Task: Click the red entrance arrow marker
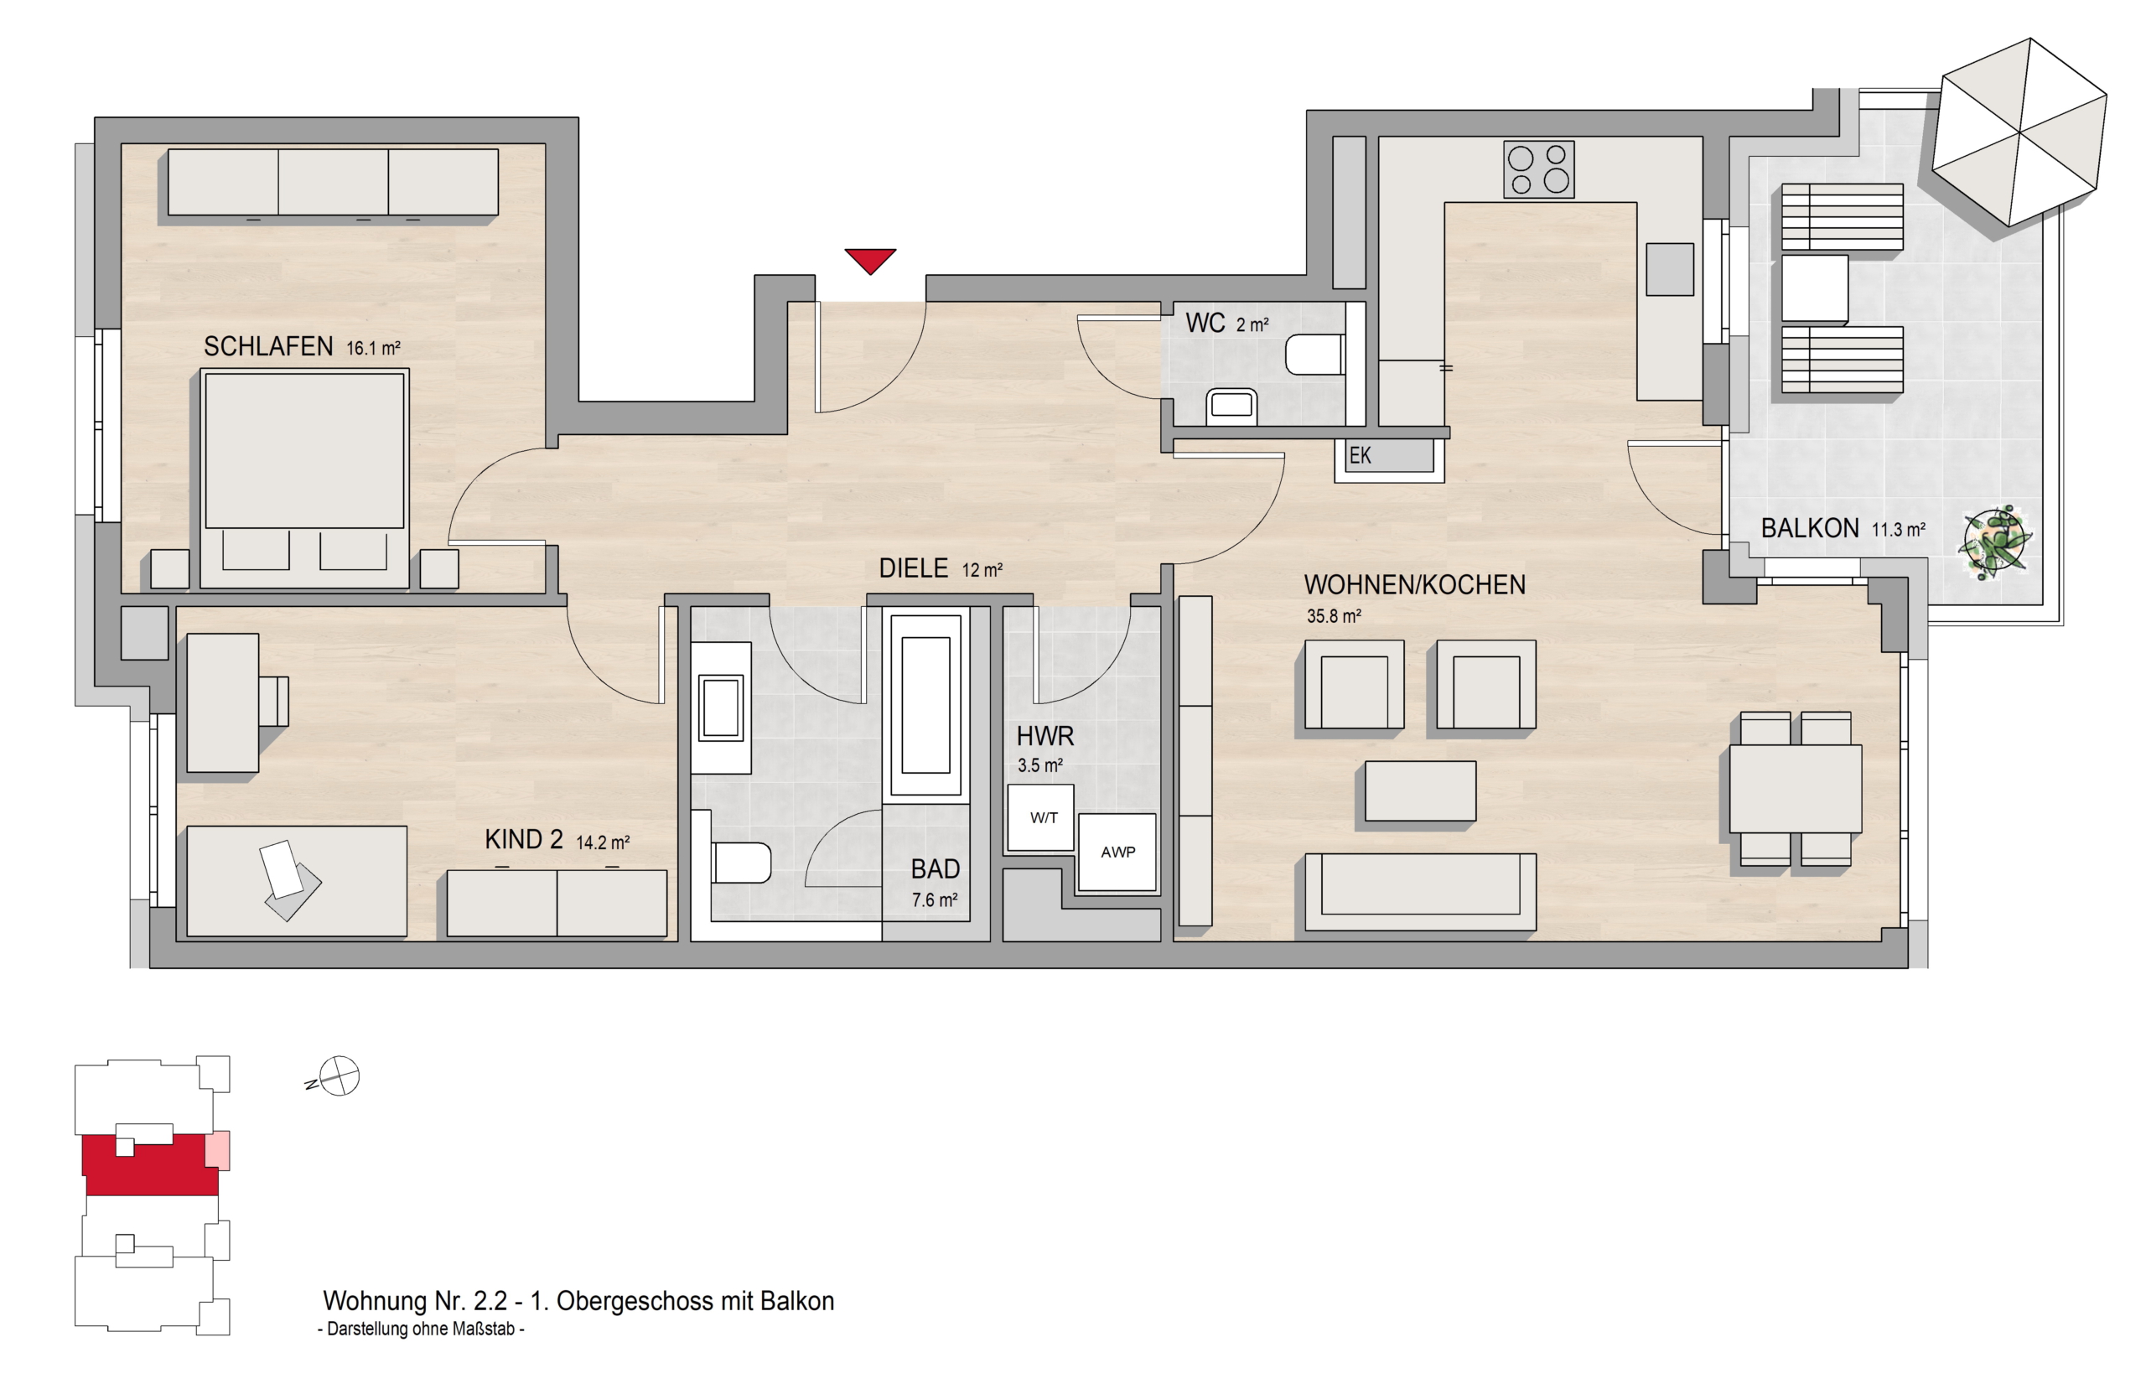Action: pos(870,260)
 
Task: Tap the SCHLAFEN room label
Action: pos(267,346)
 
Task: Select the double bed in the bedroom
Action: pos(303,478)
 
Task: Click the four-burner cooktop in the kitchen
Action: pos(1538,168)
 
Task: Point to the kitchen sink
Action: pos(1669,269)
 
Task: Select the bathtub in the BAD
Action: pos(926,704)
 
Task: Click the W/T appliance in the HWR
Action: pos(1040,817)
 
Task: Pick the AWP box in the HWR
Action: pos(1117,852)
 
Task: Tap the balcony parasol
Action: pos(2019,132)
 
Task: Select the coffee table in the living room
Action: pos(1420,791)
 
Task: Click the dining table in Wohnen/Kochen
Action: pos(1796,788)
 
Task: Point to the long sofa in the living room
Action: pos(1420,892)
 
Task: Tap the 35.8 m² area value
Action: pos(1334,617)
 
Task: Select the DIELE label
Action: pos(914,568)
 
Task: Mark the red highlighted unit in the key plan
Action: pos(151,1165)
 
